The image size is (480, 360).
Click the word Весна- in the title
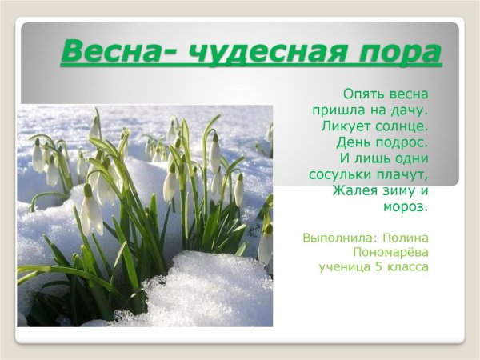(x=113, y=53)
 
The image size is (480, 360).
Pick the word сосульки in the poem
(x=340, y=174)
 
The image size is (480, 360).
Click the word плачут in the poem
(x=402, y=174)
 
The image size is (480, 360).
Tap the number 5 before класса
(x=379, y=266)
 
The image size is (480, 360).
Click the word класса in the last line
(x=408, y=266)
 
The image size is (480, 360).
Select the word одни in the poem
(x=411, y=158)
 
